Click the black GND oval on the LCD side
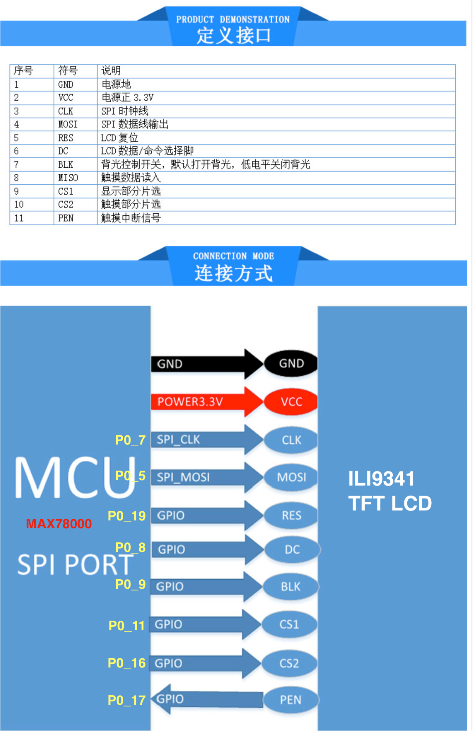(291, 363)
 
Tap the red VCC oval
(291, 401)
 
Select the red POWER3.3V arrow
(207, 402)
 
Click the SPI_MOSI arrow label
(183, 478)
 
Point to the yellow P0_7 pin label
(130, 440)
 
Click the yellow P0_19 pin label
(127, 516)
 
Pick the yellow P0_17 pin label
(127, 700)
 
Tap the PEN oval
(291, 700)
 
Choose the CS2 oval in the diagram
(289, 663)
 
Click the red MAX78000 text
(59, 524)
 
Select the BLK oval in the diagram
(291, 586)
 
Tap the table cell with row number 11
(32, 218)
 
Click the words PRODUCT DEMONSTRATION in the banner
(233, 19)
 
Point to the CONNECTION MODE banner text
(234, 256)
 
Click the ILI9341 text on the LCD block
(381, 479)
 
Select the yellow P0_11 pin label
(127, 626)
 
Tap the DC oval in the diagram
(292, 550)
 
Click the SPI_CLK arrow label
(179, 440)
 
